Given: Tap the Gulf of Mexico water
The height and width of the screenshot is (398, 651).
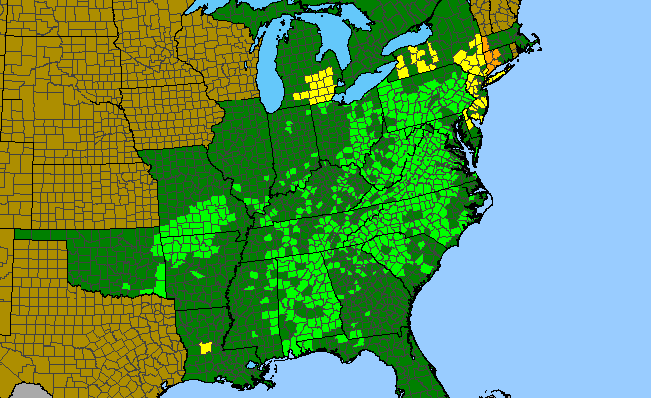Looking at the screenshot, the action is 328,383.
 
